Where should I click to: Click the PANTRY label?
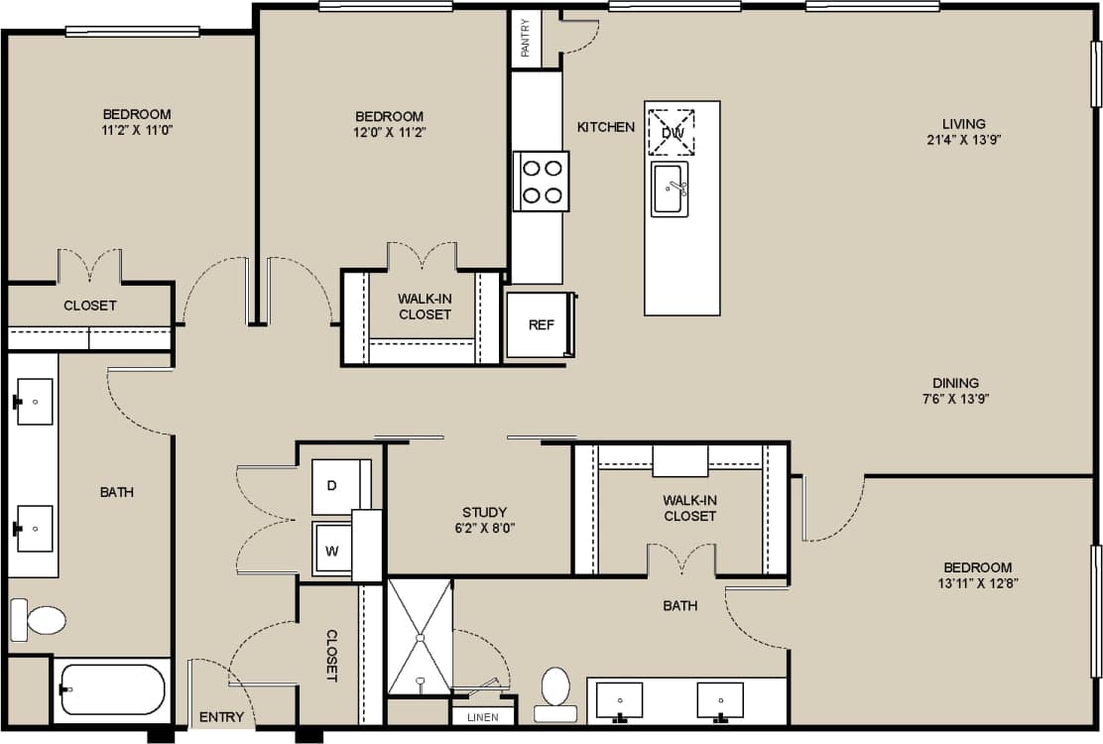coord(526,38)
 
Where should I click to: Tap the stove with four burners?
coord(542,181)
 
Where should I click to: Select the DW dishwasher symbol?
coord(672,132)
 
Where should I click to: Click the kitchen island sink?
coord(670,188)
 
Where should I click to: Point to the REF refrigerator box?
coord(540,324)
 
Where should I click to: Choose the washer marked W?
coord(333,550)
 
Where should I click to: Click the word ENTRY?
coord(221,717)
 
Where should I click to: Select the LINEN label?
coord(484,716)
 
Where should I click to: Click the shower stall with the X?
coord(419,636)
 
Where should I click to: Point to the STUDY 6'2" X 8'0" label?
coord(484,520)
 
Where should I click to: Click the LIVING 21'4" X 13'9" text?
coord(964,132)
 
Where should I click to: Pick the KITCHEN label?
coord(606,127)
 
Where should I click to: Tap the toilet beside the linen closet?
coord(555,692)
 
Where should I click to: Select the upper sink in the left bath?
coord(35,402)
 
